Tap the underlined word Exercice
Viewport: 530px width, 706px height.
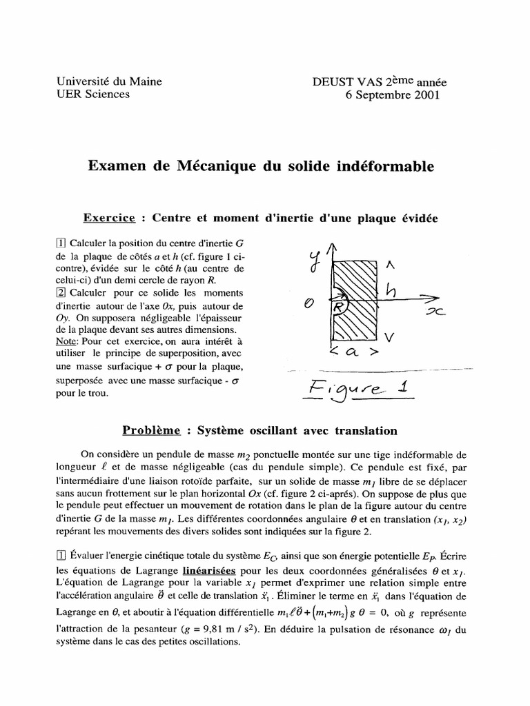coord(109,218)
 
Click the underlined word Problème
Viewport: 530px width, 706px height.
coord(152,430)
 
